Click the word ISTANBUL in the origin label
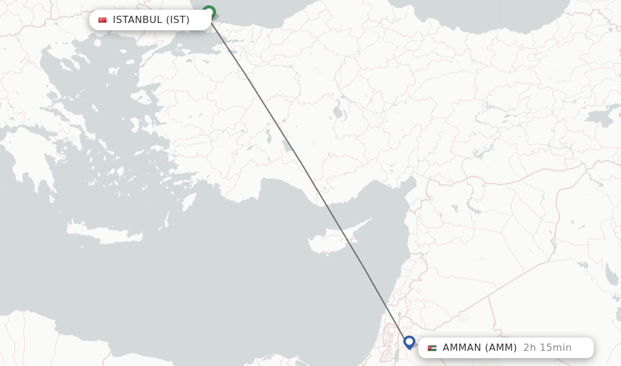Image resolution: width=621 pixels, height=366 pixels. click(137, 20)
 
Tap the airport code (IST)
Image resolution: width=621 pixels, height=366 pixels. click(178, 20)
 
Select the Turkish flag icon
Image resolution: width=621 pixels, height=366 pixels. click(102, 20)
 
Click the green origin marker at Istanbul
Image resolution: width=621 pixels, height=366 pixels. click(209, 12)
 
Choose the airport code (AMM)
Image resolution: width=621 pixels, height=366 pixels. click(500, 348)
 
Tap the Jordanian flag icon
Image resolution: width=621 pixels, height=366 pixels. click(432, 348)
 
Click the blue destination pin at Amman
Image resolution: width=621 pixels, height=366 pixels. click(409, 342)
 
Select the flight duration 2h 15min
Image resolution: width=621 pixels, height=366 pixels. click(547, 348)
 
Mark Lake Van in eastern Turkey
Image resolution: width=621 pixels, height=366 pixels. click(600, 117)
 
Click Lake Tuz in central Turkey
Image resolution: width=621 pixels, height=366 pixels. click(337, 111)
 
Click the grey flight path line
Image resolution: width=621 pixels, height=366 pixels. click(309, 182)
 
